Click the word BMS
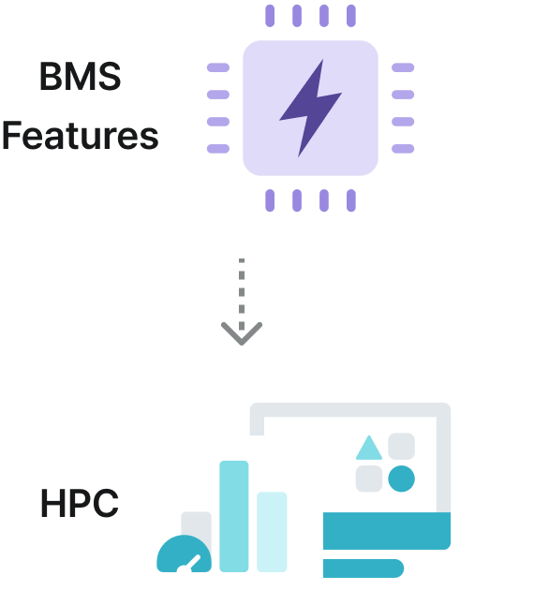pos(81,76)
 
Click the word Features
pos(81,137)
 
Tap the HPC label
pos(80,504)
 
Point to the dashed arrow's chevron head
pos(242,332)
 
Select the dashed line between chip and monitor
pos(242,290)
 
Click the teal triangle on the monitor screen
pos(368,448)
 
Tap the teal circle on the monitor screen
pos(401,479)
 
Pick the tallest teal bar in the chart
pos(233,515)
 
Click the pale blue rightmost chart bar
pos(272,531)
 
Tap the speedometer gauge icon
pos(185,556)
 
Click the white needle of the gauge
pos(194,562)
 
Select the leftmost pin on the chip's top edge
pos(270,15)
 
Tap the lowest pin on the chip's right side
pos(403,149)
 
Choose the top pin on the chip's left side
pos(217,67)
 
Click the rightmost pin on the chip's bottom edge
pos(350,200)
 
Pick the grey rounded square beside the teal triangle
pos(401,446)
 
